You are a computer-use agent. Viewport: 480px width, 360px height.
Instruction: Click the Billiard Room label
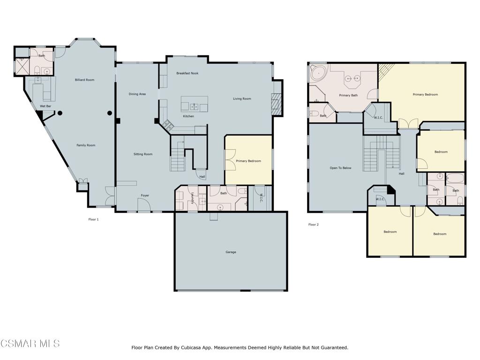coord(84,80)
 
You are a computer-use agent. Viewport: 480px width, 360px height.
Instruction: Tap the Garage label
coord(231,252)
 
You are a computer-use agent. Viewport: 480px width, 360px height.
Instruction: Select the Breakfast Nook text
coord(187,73)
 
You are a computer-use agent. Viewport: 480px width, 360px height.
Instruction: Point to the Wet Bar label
coord(45,106)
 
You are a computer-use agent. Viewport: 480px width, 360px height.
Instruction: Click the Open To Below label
coord(340,168)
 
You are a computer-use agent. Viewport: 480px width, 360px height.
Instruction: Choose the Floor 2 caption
coord(313,225)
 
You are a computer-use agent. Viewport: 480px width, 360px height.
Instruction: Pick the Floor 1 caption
coord(93,219)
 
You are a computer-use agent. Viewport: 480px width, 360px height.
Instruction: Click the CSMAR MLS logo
coord(30,344)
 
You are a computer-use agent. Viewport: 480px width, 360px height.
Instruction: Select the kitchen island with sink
coord(195,105)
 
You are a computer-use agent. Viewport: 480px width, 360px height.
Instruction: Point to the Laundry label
coord(192,200)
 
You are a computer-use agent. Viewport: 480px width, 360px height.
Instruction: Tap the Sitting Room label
coord(143,154)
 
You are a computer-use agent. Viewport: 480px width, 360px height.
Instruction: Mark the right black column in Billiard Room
coord(110,112)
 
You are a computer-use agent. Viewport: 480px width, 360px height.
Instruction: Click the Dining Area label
coord(137,94)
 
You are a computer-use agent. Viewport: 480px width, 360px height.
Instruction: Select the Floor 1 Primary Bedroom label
coord(248,161)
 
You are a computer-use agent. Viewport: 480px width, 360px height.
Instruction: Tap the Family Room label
coord(86,145)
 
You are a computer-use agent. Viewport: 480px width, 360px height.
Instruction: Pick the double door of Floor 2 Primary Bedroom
coord(408,124)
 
